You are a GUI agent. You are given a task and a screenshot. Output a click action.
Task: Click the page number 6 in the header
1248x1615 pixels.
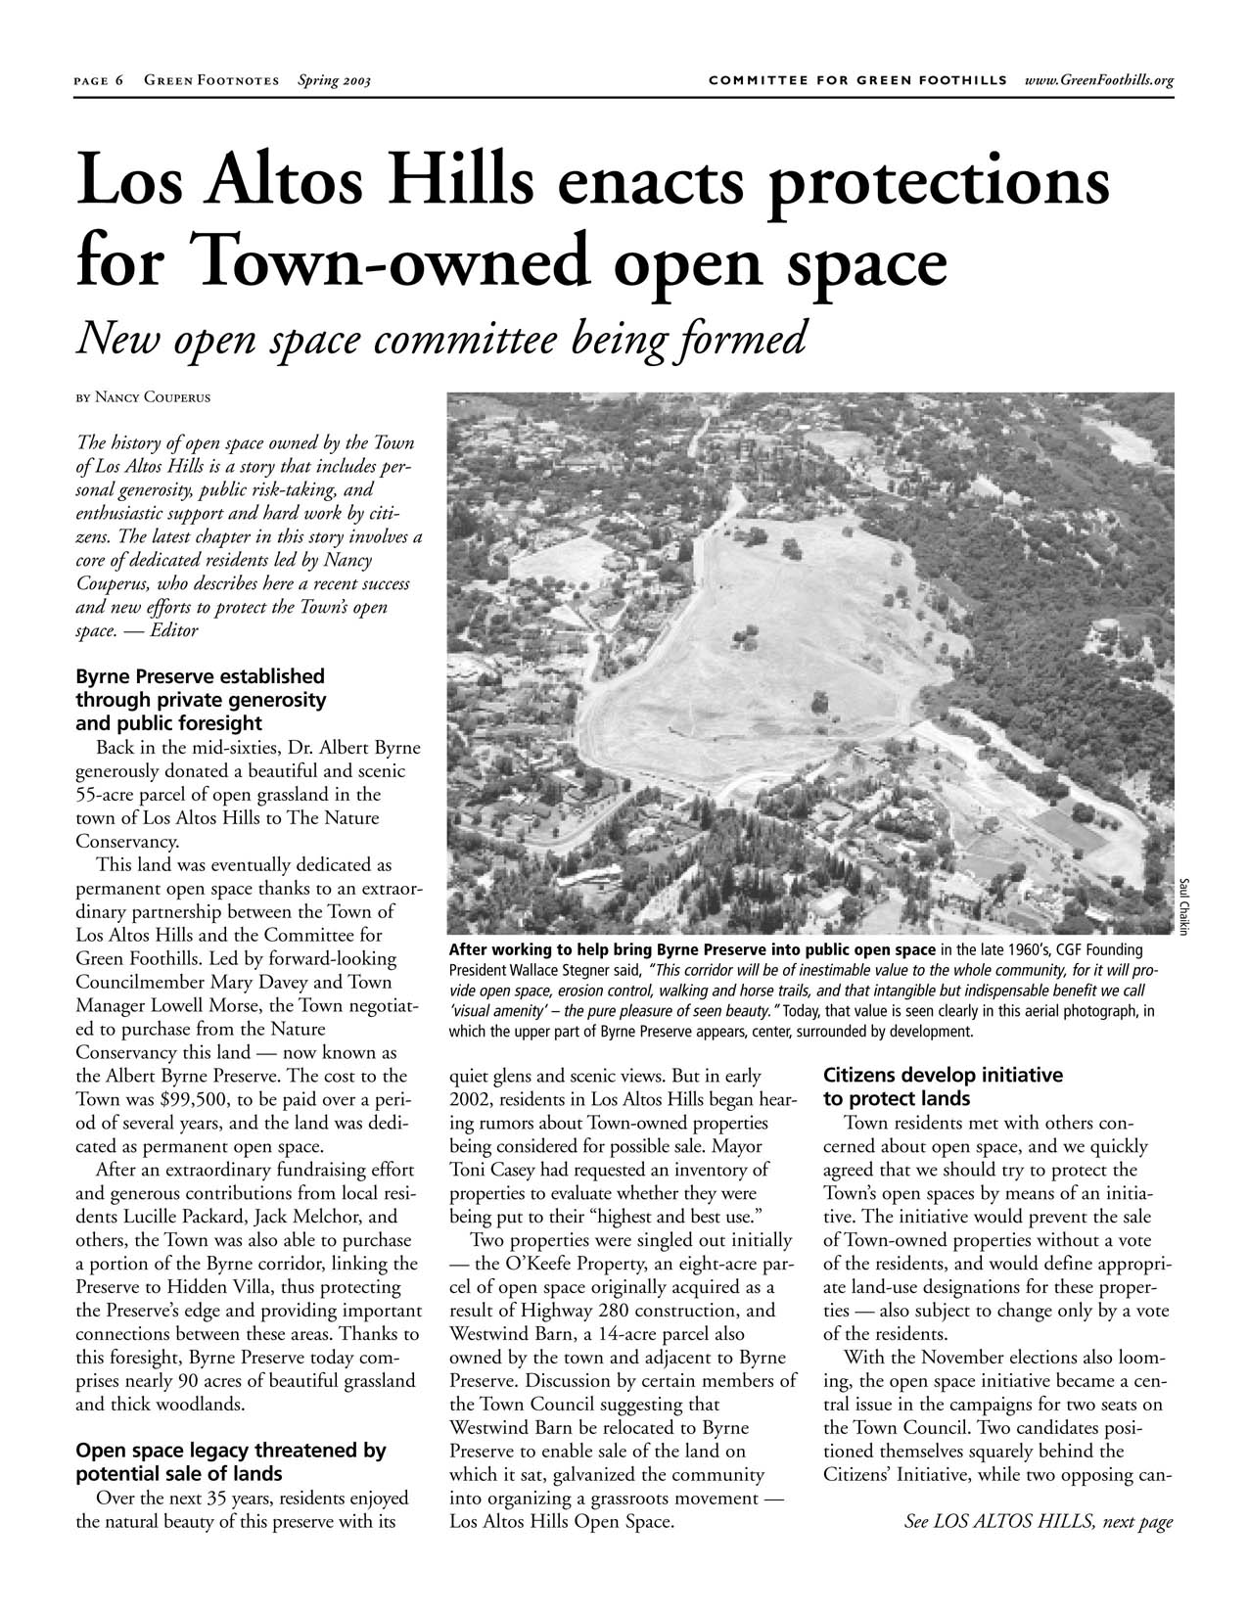click(x=118, y=80)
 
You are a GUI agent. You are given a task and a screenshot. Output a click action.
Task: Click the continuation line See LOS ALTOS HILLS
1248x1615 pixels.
click(x=1039, y=1522)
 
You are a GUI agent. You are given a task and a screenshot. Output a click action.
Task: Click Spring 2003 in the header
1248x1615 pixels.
click(x=334, y=80)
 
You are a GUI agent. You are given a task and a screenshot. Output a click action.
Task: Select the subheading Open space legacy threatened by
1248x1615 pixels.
click(x=231, y=1451)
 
